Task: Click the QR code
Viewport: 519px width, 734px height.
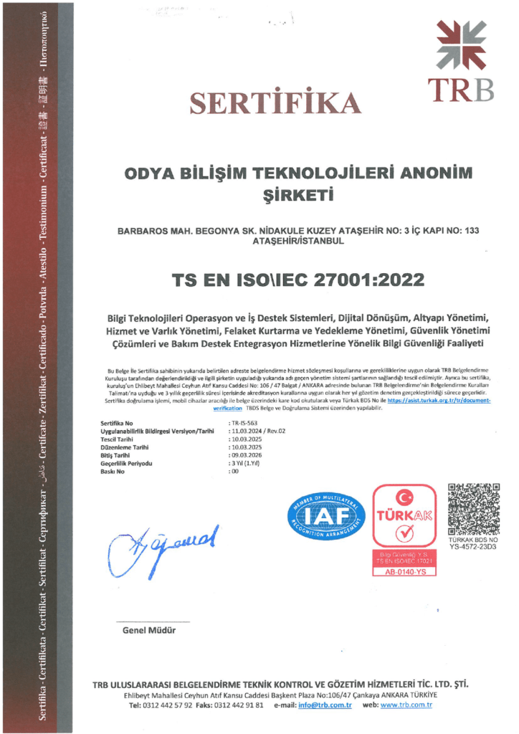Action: tap(473, 509)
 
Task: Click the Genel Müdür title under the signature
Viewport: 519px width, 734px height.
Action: tap(149, 631)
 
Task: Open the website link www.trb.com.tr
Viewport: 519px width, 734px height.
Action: tap(406, 705)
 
